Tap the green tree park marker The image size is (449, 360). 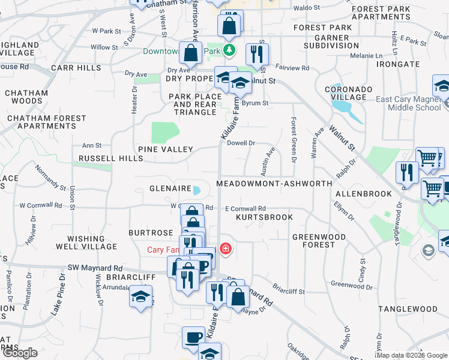point(229,50)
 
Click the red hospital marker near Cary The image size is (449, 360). point(226,248)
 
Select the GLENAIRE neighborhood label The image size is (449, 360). point(170,188)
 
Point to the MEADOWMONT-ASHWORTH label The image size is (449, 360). point(274,183)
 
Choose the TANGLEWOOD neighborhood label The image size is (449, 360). point(408,309)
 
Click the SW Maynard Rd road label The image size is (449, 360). point(95,268)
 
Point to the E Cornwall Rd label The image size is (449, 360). point(245,208)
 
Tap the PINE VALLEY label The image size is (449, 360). point(165,149)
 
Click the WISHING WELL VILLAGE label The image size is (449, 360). point(86,242)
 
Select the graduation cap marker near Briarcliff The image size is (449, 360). point(140,296)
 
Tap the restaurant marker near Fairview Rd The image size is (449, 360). point(257,55)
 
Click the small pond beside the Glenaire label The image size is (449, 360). point(197,191)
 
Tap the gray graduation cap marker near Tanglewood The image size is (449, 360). point(428,250)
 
